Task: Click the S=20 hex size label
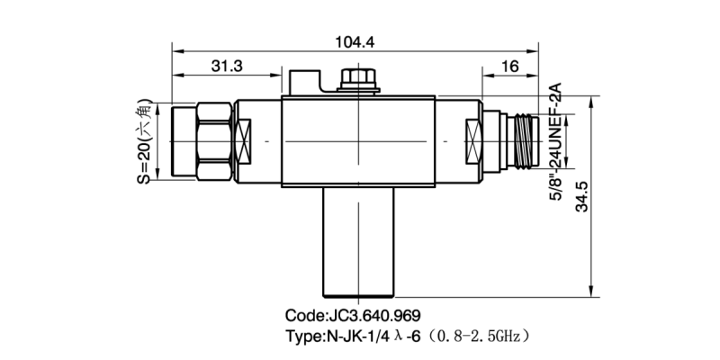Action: pos(144,142)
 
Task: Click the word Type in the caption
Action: pos(302,336)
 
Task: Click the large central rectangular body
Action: pos(358,142)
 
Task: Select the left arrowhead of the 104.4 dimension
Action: pos(176,50)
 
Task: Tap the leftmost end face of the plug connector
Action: pos(173,142)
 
